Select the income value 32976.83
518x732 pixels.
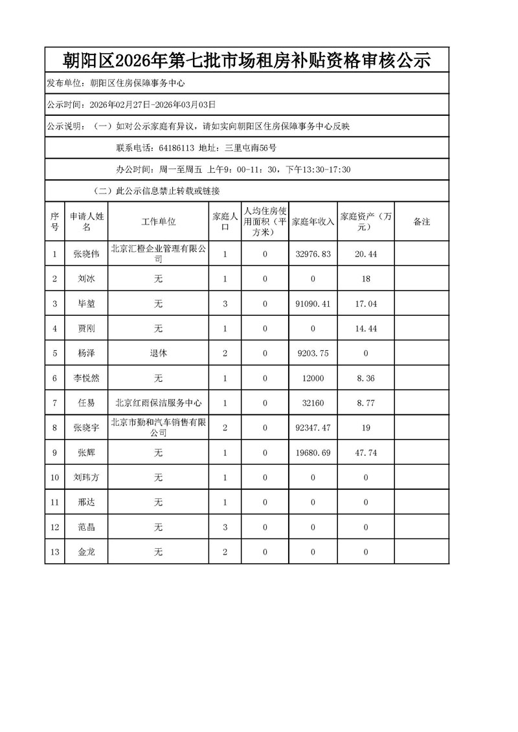click(x=313, y=254)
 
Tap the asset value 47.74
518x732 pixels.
click(x=366, y=453)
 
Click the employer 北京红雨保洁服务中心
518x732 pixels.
click(x=159, y=403)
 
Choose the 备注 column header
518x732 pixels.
click(x=421, y=221)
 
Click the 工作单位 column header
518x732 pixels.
click(x=159, y=221)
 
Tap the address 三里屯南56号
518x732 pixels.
click(x=251, y=148)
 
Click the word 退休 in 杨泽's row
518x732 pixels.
click(x=159, y=354)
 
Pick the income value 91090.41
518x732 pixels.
click(x=313, y=304)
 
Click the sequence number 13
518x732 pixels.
click(x=54, y=552)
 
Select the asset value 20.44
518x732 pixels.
click(x=366, y=254)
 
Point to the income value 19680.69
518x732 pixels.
click(x=313, y=453)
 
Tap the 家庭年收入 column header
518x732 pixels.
click(x=313, y=221)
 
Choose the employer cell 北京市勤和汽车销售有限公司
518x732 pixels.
click(x=159, y=428)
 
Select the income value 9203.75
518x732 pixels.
click(x=313, y=354)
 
